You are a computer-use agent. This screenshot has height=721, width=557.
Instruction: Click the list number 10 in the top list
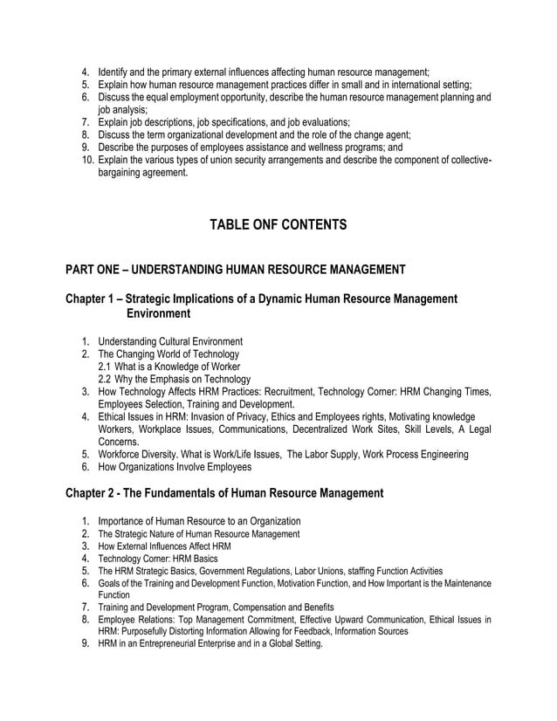[x=87, y=160]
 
